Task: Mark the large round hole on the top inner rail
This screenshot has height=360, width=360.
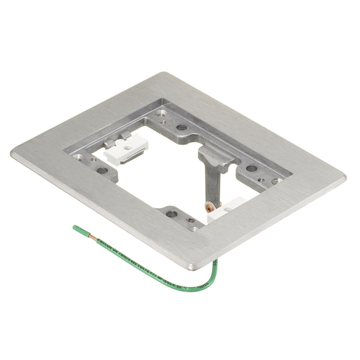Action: pos(181,127)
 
